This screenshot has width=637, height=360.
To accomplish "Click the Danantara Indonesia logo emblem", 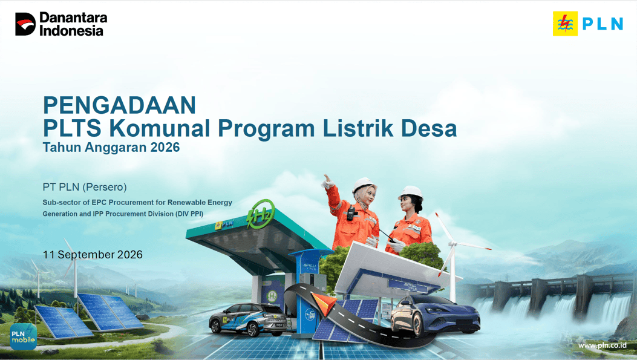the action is coord(25,24).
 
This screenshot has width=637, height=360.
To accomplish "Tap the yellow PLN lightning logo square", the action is coord(565,24).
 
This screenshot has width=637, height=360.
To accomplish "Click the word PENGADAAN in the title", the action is coord(119,105).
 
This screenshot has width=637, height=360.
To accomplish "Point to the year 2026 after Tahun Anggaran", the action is coord(165,147).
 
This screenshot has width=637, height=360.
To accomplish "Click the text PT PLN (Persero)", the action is coord(85,187).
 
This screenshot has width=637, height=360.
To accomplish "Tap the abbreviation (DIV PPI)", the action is coord(189,214).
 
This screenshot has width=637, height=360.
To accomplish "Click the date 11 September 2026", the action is coord(93,255).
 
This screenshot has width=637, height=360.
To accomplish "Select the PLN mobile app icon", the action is coord(23,336).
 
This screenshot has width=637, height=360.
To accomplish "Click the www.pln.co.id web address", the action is coord(603,345).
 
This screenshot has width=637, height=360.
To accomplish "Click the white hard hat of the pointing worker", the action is coord(363,185).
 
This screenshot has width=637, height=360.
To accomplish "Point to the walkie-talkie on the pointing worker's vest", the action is coord(351,212).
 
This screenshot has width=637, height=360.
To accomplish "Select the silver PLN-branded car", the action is coord(248,319).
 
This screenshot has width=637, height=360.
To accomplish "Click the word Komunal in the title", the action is coord(160,128).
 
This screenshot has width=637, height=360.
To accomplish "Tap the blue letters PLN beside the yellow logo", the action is coord(603,24).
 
